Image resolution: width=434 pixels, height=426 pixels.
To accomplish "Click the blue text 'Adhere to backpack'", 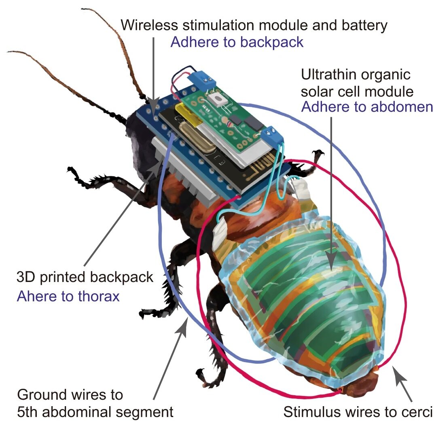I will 237,42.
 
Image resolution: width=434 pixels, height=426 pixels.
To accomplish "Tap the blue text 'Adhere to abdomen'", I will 367,107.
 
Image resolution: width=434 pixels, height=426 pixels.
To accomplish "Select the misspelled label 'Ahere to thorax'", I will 68,296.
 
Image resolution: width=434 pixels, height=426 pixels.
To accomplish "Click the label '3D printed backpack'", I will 85,277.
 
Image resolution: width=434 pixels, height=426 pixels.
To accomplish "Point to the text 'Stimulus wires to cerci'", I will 358,412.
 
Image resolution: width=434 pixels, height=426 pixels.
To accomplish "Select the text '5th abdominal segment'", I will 95,412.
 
